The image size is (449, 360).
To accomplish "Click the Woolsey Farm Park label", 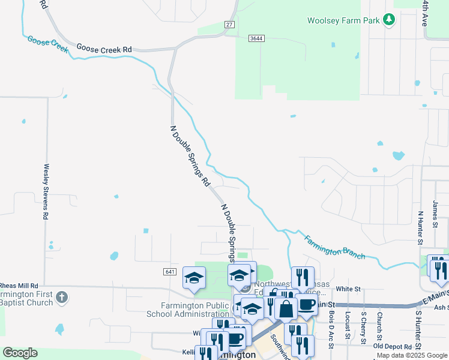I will click(x=344, y=20).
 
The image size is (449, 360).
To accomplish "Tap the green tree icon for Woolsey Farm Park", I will click(x=389, y=20).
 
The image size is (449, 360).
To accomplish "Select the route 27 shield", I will click(x=230, y=25).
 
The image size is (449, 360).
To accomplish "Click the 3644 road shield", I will click(x=257, y=38).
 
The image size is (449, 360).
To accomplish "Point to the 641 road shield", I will click(x=170, y=272).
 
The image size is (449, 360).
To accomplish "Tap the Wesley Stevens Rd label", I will click(x=46, y=191).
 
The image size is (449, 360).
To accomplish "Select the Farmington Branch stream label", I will click(x=334, y=247).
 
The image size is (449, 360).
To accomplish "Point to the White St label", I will click(x=348, y=289).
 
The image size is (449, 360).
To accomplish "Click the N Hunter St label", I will click(x=420, y=228).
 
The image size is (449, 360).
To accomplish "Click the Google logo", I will click(x=20, y=353).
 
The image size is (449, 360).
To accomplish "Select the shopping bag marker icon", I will click(x=286, y=309).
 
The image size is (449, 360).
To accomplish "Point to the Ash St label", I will click(x=441, y=307).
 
